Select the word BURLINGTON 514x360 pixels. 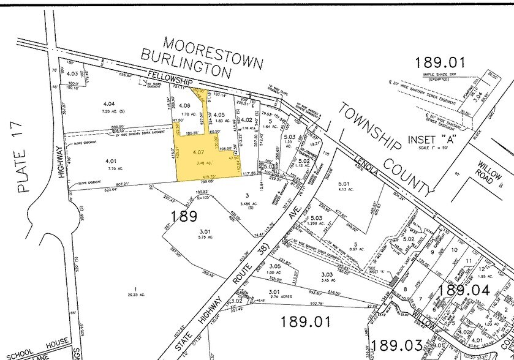tap(186, 64)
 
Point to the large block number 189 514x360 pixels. tap(184, 216)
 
